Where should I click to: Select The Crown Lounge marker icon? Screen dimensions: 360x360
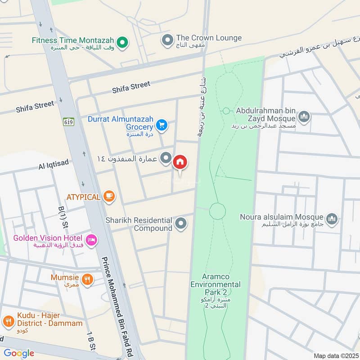pyautogui.click(x=167, y=41)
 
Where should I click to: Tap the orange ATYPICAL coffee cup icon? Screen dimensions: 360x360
pyautogui.click(x=109, y=196)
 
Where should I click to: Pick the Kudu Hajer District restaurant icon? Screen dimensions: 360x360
pyautogui.click(x=8, y=321)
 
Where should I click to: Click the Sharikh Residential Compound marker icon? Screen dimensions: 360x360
pyautogui.click(x=181, y=224)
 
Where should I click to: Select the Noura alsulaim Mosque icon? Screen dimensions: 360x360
pyautogui.click(x=332, y=219)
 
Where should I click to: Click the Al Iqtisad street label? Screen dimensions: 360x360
pyautogui.click(x=54, y=165)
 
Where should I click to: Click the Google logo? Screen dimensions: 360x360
pyautogui.click(x=19, y=353)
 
